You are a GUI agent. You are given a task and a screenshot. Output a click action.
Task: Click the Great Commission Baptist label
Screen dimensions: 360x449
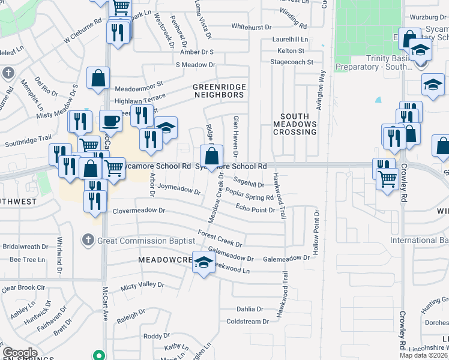click(x=145, y=241)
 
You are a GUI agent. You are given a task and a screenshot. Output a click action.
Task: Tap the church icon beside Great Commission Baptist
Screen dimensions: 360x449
click(x=87, y=241)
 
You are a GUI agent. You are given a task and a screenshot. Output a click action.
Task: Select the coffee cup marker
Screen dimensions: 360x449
click(x=110, y=121)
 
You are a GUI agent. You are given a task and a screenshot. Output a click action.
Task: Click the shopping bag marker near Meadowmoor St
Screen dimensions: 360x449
click(x=98, y=78)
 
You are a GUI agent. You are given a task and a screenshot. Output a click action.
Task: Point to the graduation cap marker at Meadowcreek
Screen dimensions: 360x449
click(x=203, y=262)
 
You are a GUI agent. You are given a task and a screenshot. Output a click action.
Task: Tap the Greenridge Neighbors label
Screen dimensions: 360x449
click(x=219, y=91)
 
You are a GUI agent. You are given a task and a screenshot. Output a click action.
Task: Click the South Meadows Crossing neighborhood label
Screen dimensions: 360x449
click(x=295, y=124)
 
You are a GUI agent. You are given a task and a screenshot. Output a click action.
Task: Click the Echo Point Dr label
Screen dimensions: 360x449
click(x=255, y=209)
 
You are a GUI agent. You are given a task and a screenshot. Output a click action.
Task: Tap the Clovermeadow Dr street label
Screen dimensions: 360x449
click(x=139, y=211)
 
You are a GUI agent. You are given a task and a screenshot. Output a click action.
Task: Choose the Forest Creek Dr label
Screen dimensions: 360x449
click(x=220, y=239)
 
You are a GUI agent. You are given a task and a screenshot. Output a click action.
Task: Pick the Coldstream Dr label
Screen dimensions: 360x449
click(x=244, y=322)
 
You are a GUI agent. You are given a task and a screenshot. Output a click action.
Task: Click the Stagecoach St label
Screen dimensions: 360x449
click(x=292, y=62)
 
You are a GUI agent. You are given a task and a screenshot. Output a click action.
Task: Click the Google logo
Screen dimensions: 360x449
click(x=20, y=353)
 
